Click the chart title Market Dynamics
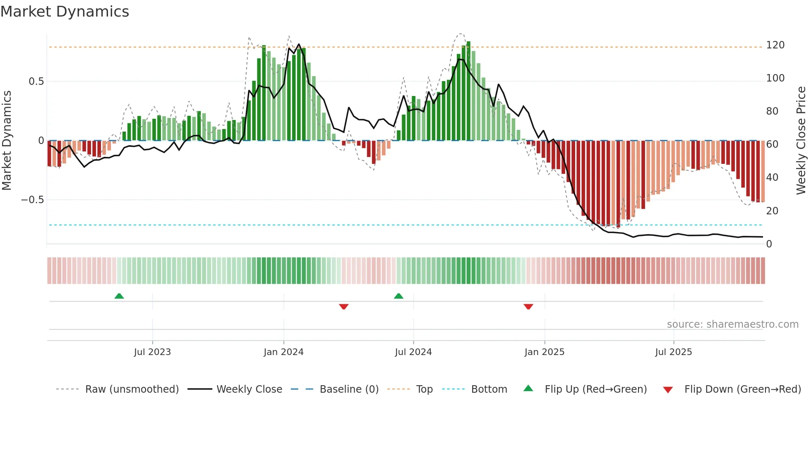[65, 12]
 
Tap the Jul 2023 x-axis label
[152, 352]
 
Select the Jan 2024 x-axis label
[283, 352]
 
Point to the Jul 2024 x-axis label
[413, 352]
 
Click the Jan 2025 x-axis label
[544, 352]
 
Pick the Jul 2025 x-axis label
[673, 352]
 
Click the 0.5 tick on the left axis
[36, 82]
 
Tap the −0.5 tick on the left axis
[33, 200]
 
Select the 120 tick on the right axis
[775, 45]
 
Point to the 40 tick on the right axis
[772, 178]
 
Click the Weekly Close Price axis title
[801, 141]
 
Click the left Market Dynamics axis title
[7, 141]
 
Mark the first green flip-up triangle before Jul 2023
[119, 296]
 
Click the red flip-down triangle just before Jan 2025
[528, 307]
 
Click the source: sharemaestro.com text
[732, 324]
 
